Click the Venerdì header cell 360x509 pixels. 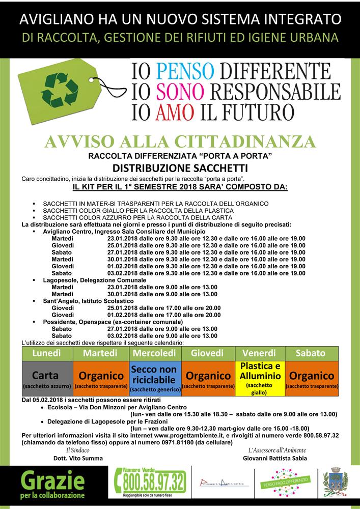pyautogui.click(x=260, y=353)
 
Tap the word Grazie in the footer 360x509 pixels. pyautogui.click(x=52, y=480)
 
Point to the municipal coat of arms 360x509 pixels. pyautogui.click(x=336, y=481)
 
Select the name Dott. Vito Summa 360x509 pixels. pyautogui.click(x=78, y=458)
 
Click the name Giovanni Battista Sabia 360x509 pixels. pyautogui.click(x=275, y=458)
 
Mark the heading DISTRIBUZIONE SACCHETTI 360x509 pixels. pyautogui.click(x=180, y=168)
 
